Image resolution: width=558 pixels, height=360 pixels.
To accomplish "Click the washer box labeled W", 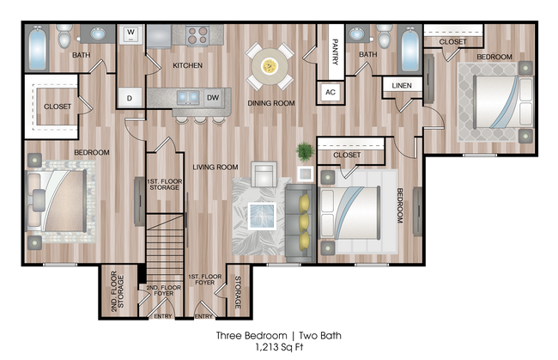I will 131,35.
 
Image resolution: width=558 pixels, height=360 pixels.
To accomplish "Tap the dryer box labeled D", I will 130,97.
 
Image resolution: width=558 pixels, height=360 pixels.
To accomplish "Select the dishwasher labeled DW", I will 213,97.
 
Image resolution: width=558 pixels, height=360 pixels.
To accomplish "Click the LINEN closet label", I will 401,87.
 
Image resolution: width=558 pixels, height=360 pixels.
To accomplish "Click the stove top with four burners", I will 197,35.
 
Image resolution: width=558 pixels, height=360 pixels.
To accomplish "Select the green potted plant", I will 305,153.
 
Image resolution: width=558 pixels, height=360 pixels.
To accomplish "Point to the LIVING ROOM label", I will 215,167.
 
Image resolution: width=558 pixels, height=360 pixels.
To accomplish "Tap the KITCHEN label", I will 187,65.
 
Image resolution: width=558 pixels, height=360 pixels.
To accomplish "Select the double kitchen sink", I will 187,95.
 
